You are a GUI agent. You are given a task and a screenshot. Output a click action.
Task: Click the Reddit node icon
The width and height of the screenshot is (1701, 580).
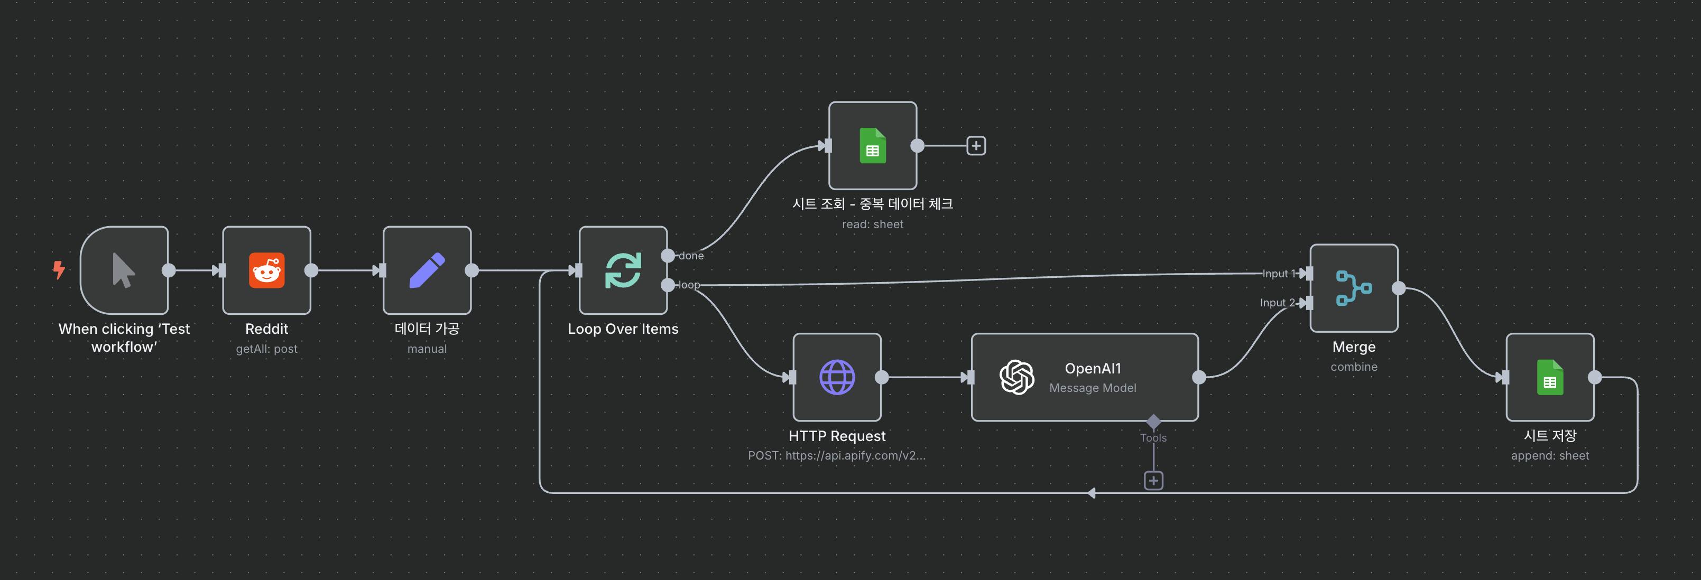pos(267,270)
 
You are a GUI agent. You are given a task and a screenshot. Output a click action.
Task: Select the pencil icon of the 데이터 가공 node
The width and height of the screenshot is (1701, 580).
pos(427,270)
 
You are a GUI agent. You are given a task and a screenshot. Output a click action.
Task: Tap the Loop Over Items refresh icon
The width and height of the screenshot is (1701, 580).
pos(623,270)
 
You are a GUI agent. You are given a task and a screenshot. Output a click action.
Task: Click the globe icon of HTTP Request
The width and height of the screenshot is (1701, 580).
pos(837,378)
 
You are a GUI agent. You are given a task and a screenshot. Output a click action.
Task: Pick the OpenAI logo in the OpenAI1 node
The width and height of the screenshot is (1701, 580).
pos(1017,378)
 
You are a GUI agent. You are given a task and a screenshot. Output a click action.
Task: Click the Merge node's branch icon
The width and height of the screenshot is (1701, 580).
pos(1354,288)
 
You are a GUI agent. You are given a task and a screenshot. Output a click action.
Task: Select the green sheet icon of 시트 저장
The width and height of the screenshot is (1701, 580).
pos(1550,378)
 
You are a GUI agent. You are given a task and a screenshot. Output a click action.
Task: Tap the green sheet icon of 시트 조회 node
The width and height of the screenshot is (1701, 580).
pos(872,146)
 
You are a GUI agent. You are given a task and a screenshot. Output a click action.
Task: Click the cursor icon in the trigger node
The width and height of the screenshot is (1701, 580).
pos(124,270)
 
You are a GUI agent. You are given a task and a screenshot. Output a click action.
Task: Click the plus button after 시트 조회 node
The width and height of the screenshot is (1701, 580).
pos(976,146)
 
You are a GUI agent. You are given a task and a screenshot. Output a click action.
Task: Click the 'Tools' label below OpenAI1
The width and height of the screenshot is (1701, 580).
pos(1153,438)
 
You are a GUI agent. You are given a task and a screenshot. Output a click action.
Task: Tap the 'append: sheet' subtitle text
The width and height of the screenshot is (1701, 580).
pos(1550,456)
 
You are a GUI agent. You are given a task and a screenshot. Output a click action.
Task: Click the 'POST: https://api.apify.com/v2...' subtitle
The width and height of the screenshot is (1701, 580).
pos(837,456)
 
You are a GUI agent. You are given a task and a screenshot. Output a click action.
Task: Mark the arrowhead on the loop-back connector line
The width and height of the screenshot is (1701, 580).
pos(1092,493)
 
